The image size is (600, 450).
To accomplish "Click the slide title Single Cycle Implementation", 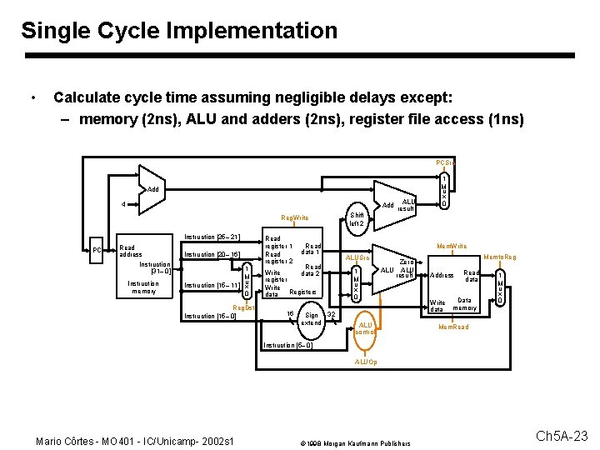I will coord(179,32).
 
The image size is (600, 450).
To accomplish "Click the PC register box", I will coord(97,250).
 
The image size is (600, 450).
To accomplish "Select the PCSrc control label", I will coord(445,162).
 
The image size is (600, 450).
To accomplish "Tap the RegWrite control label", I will coord(294,217).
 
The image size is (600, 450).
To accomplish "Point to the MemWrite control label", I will coord(452,246).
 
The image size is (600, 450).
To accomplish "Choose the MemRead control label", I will coord(454,327).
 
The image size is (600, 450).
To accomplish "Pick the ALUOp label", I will coord(366,362).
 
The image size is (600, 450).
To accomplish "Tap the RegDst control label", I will coord(243,308).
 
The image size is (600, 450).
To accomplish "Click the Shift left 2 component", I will coord(357,218).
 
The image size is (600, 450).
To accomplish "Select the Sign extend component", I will coord(311,318).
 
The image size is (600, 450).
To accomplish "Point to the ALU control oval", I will coord(365,327).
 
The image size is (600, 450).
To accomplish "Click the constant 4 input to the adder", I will coord(124,205).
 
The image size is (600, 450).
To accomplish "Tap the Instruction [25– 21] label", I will coord(212,237).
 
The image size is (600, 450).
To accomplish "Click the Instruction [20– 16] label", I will coord(212,255).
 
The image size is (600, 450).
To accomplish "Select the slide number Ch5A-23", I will coord(561,436).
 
